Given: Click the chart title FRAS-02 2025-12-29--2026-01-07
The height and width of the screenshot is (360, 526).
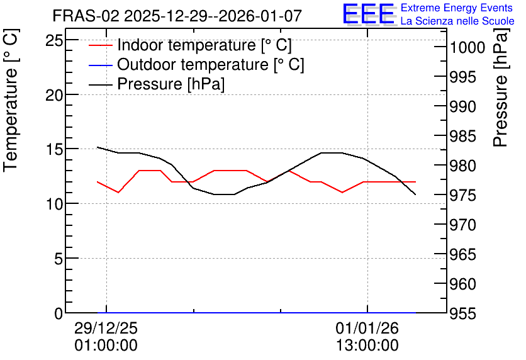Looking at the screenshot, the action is click(177, 16).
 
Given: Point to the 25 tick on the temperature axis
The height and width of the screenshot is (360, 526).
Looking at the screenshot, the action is click(54, 41).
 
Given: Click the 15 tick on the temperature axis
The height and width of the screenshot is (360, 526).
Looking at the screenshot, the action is click(54, 150).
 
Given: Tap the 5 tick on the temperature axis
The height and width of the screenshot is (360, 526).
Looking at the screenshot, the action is click(59, 259).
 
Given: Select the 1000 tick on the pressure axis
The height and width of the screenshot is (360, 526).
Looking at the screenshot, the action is click(467, 48).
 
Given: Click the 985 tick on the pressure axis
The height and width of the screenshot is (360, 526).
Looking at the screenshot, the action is click(462, 137).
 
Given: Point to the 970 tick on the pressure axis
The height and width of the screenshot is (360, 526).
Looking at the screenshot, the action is click(462, 225).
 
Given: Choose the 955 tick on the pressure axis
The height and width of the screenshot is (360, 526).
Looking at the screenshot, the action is click(462, 313).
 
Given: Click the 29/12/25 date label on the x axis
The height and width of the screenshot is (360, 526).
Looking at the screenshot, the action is click(106, 328).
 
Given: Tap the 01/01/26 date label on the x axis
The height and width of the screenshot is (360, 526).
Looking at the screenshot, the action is click(367, 328).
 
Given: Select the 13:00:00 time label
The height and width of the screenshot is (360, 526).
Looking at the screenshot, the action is click(367, 346).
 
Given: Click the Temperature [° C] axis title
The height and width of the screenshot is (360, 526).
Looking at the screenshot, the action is click(11, 100).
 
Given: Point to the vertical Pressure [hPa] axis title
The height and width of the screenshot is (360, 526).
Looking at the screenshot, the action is click(500, 87).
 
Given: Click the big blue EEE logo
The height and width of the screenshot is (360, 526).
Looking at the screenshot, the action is click(369, 14).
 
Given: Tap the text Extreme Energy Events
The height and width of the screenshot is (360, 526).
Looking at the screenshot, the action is click(457, 8).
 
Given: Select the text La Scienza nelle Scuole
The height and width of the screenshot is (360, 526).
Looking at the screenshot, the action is click(457, 21).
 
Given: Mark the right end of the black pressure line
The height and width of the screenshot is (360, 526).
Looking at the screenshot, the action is click(416, 194).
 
